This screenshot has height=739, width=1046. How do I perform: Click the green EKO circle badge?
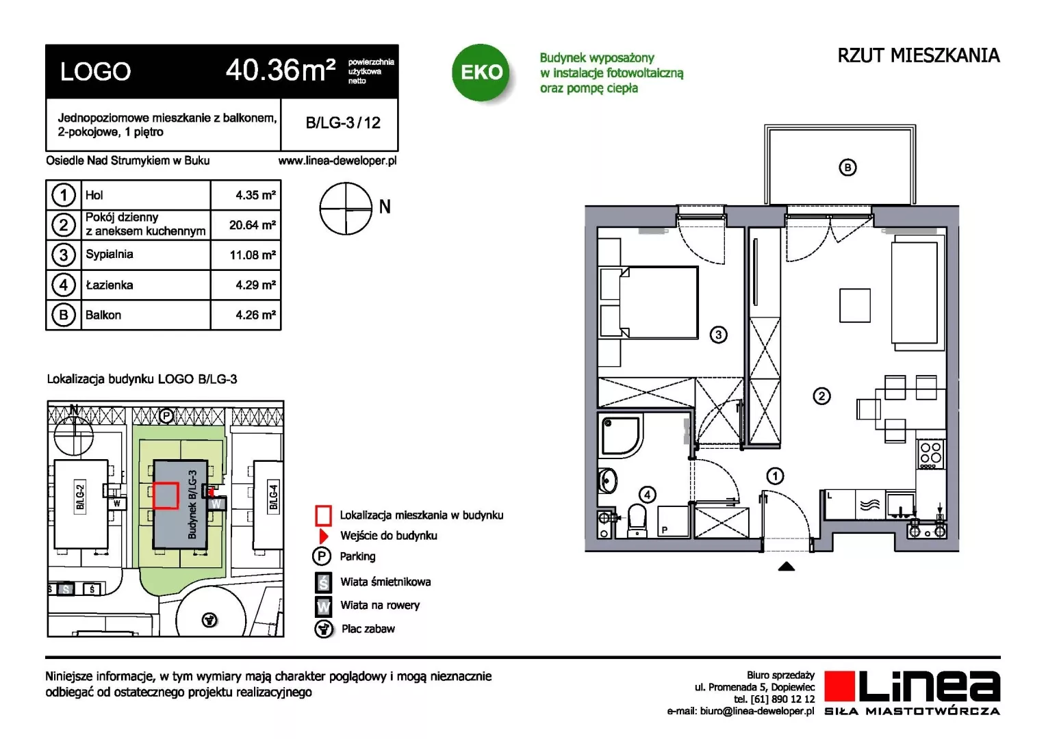481,72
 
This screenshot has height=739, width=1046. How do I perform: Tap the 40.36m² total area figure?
281,70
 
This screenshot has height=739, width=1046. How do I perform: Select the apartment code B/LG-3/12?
343,122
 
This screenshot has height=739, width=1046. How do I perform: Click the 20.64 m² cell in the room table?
252,225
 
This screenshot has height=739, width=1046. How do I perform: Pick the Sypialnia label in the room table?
110,255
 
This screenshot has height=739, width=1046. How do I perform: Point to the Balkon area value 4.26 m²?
255,315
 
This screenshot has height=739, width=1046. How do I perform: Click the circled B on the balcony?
847,168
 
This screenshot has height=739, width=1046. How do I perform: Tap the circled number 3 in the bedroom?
718,334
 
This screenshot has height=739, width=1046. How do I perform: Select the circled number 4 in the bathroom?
647,495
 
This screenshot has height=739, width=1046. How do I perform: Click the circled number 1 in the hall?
775,476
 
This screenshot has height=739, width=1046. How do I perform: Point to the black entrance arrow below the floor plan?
787,567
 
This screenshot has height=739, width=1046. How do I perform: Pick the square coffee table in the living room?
854,305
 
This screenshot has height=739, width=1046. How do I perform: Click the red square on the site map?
166,495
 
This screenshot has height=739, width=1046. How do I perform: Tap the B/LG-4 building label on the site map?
274,497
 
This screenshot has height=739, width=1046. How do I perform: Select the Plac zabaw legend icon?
323,629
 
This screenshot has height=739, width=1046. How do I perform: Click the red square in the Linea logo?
839,686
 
